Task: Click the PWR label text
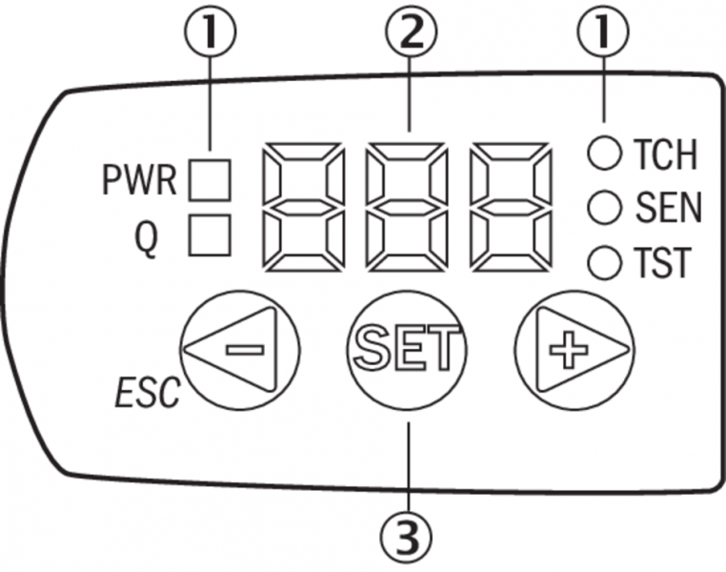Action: click(x=138, y=180)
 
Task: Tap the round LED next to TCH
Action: click(x=602, y=152)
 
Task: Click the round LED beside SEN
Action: click(x=602, y=206)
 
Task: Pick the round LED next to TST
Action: click(x=602, y=261)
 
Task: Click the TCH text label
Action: click(x=662, y=153)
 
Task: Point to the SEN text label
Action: click(x=664, y=207)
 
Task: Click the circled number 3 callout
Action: click(x=410, y=540)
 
